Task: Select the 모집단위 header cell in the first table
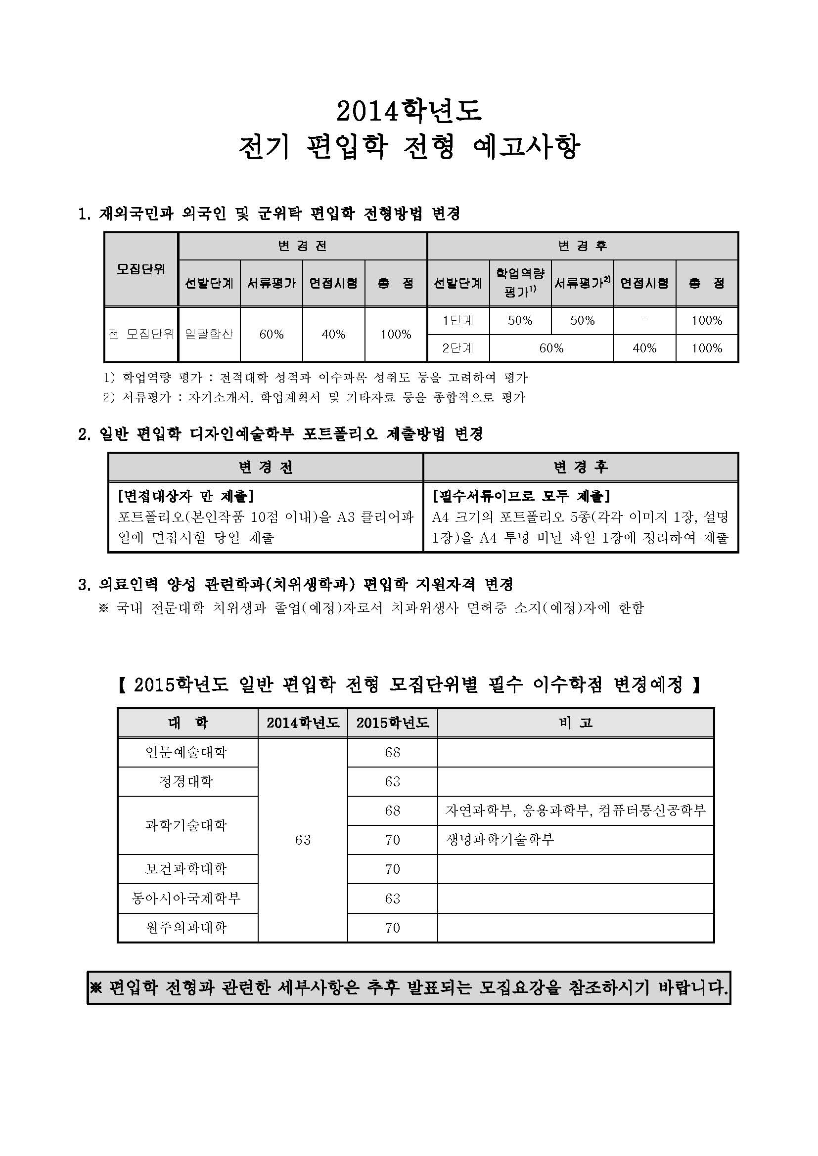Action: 140,269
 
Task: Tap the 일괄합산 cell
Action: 209,334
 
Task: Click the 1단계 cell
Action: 458,320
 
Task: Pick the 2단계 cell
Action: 458,348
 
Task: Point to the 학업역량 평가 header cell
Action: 520,283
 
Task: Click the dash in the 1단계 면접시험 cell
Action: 644,320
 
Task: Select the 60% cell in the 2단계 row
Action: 551,348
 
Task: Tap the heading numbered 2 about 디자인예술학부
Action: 280,433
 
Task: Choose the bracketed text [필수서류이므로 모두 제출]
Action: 521,496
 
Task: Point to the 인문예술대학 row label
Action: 186,752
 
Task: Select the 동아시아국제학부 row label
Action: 186,898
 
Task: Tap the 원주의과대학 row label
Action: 186,927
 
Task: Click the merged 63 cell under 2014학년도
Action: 303,840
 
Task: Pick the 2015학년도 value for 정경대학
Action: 392,781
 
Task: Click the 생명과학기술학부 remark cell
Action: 500,840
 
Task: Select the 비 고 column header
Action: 575,723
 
